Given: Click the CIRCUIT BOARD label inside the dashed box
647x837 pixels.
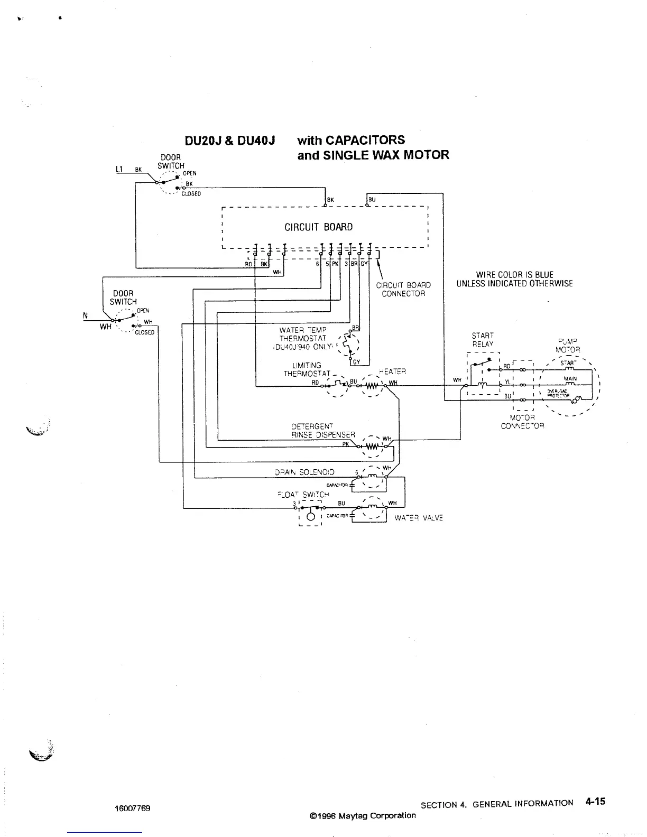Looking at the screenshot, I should (x=318, y=227).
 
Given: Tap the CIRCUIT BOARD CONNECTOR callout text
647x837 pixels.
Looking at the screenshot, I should (x=403, y=290).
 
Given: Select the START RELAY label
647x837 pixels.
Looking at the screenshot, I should (x=483, y=340).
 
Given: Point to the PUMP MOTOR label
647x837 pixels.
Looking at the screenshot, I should (x=568, y=346).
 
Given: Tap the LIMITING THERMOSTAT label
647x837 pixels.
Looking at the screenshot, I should (x=307, y=369).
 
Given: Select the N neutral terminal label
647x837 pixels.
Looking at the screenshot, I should (x=85, y=315).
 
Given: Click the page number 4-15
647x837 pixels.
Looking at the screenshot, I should (x=595, y=801).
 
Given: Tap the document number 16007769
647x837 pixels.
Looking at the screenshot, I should (x=132, y=808).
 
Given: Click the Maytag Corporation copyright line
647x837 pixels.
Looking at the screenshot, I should (x=363, y=815).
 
